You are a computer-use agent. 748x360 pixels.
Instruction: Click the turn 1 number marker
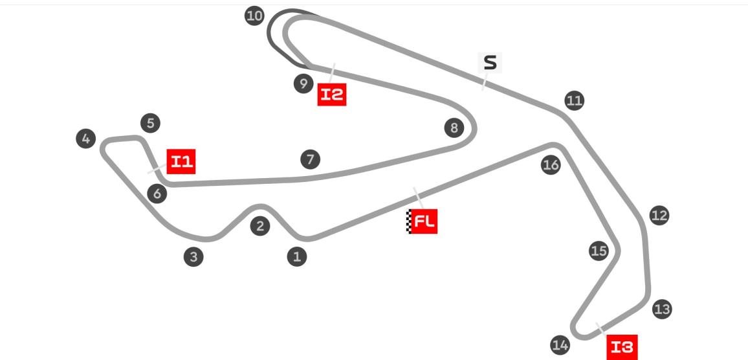tap(297, 257)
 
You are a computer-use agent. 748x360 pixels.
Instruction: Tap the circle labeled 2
tap(260, 226)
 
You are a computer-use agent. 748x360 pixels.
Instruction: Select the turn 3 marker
tap(193, 257)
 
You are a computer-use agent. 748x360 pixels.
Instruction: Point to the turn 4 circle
tap(86, 139)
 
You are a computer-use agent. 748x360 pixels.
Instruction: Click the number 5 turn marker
tap(150, 123)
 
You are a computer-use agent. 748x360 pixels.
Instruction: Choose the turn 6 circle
tap(157, 194)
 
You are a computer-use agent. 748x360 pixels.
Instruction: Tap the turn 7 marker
tap(310, 159)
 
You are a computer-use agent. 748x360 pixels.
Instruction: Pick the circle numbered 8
tap(454, 128)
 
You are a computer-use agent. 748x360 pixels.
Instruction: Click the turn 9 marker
tap(303, 84)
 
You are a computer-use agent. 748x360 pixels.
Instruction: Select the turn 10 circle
tap(254, 16)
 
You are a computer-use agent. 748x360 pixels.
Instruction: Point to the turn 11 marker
tap(575, 101)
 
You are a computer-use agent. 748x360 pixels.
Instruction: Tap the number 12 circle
tap(659, 216)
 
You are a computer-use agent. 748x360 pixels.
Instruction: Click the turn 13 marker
tap(662, 309)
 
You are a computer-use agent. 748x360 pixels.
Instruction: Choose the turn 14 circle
tap(560, 344)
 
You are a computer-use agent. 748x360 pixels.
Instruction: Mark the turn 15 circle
tap(599, 251)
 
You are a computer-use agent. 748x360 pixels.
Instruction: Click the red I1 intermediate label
tap(181, 161)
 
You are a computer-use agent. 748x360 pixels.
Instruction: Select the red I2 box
tap(332, 94)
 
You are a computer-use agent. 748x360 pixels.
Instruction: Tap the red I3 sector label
tap(622, 347)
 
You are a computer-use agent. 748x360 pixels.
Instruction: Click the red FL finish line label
tap(422, 221)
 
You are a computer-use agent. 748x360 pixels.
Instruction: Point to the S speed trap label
tap(490, 63)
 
